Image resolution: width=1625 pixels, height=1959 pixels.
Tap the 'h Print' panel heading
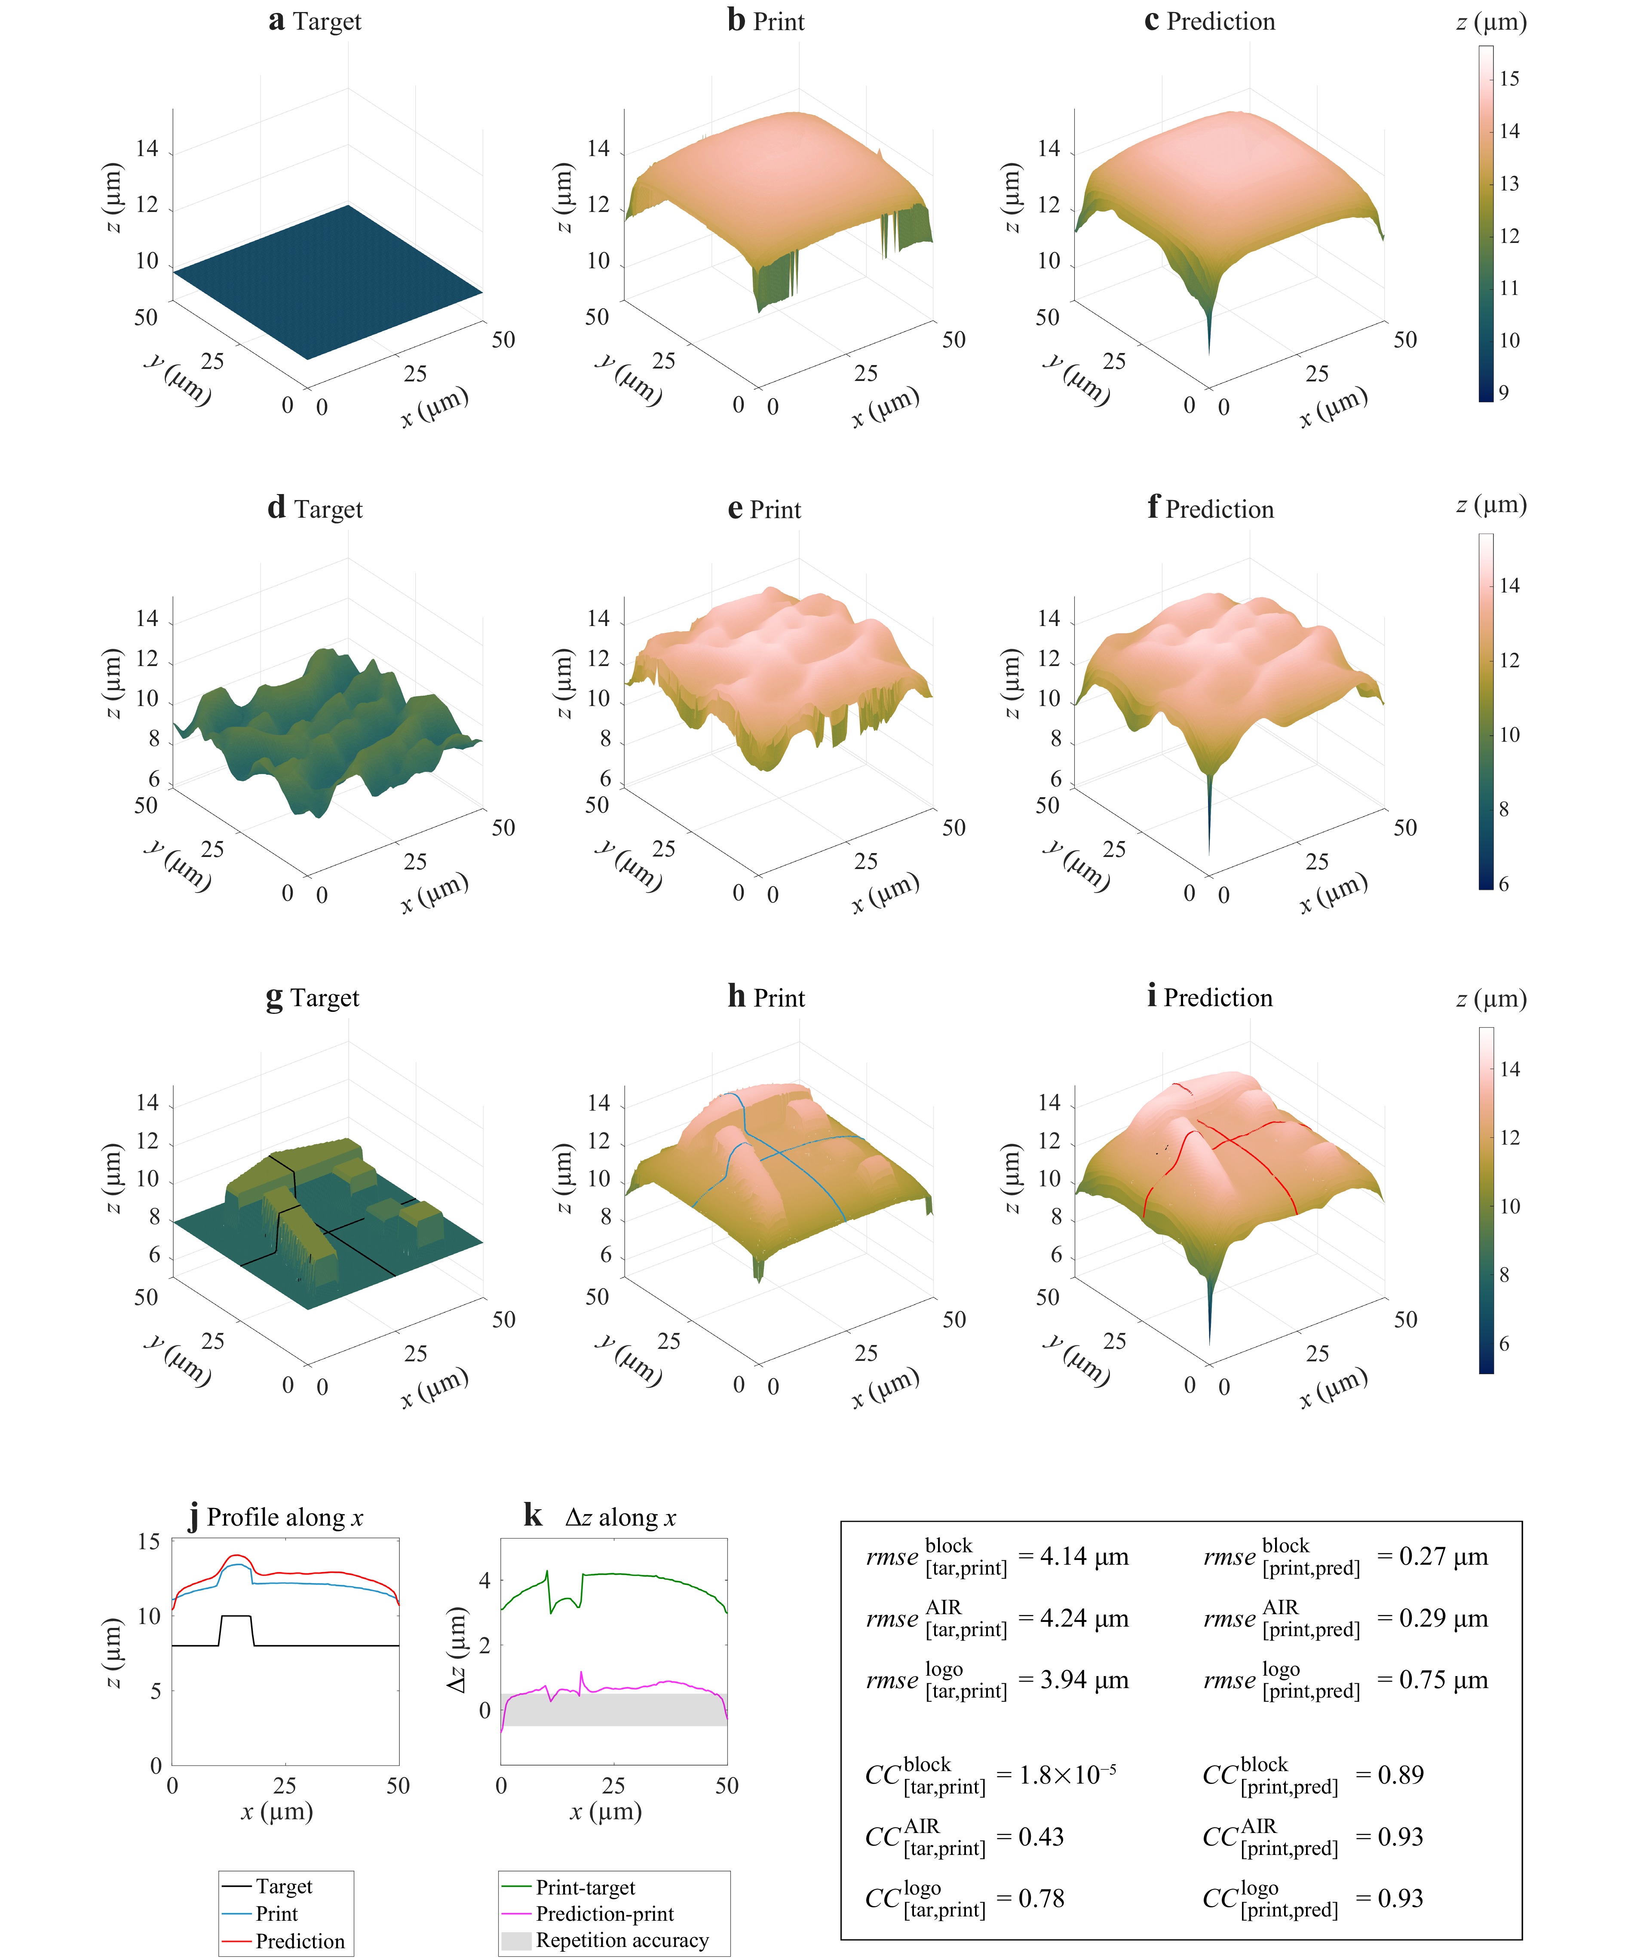pos(766,997)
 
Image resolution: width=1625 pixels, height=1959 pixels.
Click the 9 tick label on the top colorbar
pos(1504,393)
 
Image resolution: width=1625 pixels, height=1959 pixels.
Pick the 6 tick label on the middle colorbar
pos(1504,884)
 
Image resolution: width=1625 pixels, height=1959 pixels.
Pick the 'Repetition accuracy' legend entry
pos(622,1941)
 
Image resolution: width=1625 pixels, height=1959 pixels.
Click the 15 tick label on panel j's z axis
pos(149,1541)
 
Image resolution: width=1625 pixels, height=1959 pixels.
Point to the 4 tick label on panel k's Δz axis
pos(484,1580)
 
